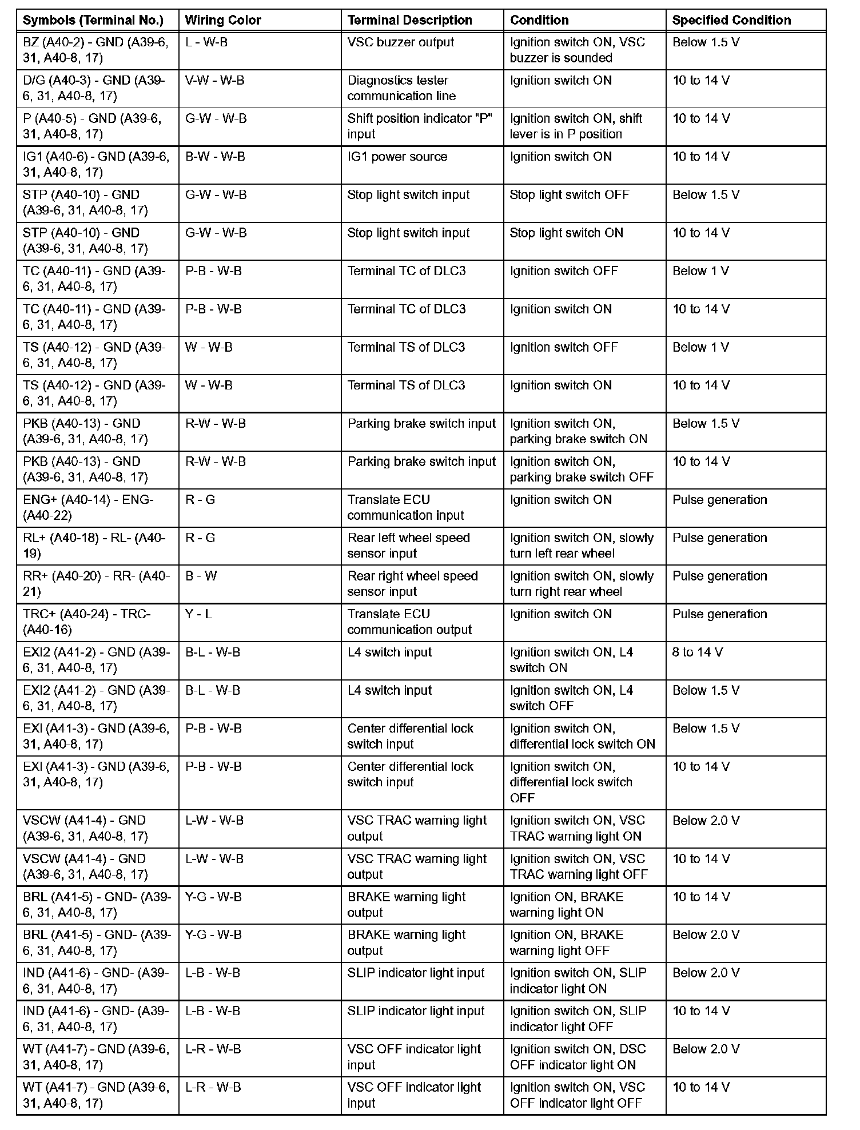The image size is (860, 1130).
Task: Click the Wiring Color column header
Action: (x=223, y=21)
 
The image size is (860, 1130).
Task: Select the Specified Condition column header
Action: (x=731, y=21)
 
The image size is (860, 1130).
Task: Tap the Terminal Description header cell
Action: (x=409, y=21)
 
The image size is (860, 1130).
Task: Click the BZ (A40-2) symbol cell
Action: (x=95, y=50)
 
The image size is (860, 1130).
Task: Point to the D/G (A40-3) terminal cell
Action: (x=94, y=88)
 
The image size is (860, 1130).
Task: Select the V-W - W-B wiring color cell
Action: (x=214, y=81)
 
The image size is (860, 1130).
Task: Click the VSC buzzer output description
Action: (x=400, y=42)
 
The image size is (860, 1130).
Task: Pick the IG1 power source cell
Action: (x=397, y=157)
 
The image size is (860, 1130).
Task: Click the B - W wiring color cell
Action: (x=201, y=576)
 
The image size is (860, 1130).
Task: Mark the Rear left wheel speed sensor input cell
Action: (x=408, y=546)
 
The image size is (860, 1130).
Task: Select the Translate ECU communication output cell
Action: (x=409, y=622)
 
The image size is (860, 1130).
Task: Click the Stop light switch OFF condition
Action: (x=569, y=195)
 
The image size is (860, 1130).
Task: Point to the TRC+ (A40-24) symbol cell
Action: (x=87, y=622)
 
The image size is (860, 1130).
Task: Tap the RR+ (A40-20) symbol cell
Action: (x=96, y=584)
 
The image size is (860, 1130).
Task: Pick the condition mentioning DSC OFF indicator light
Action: (x=578, y=1057)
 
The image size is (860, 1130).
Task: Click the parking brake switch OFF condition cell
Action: (x=581, y=469)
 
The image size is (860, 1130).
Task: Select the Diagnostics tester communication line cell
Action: (x=401, y=88)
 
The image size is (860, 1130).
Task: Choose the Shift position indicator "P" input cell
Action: (x=420, y=126)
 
